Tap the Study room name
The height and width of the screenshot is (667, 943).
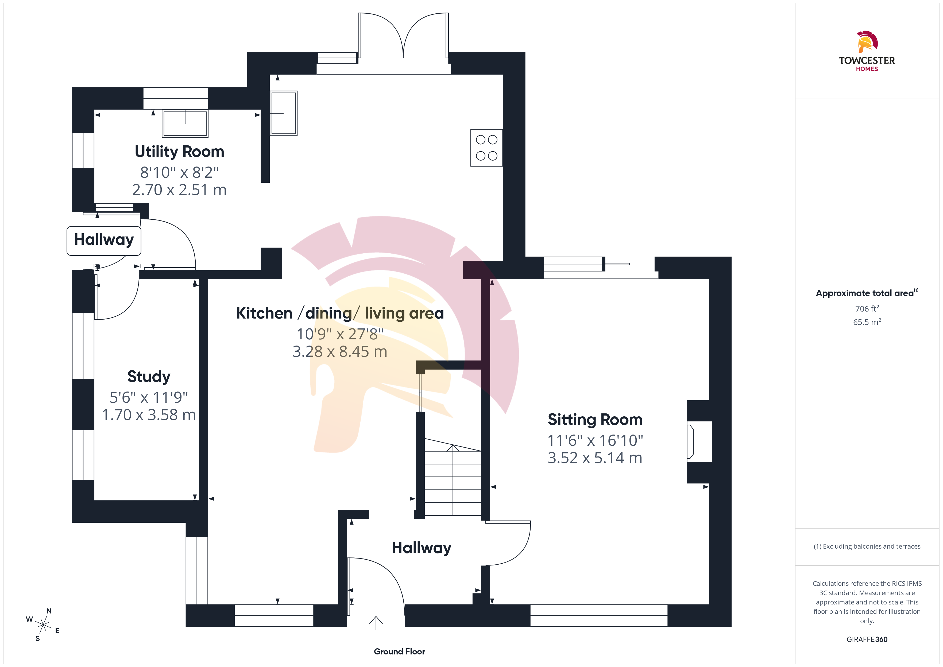coord(149,377)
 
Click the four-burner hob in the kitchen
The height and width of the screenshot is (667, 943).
coord(486,148)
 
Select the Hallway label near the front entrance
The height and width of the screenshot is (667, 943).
coord(422,548)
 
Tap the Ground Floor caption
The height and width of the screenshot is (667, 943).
coord(399,652)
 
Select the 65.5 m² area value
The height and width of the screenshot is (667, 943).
coord(867,322)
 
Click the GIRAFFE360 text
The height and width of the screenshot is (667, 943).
coord(867,639)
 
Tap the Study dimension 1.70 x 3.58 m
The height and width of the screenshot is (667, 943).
coord(149,415)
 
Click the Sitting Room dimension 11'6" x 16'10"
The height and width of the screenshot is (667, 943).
coord(595,440)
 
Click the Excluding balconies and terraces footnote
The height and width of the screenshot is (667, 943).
coord(867,546)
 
